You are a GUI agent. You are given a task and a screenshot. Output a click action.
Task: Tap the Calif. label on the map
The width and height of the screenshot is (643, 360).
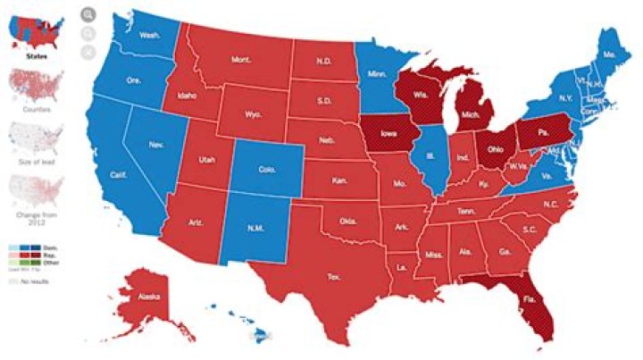[x=117, y=175]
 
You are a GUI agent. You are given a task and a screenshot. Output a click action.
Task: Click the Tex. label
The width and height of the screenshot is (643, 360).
[x=332, y=277]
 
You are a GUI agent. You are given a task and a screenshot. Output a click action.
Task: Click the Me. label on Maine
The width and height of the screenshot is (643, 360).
[x=611, y=54]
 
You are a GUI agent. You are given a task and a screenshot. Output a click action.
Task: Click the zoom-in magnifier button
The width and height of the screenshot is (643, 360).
[x=88, y=14]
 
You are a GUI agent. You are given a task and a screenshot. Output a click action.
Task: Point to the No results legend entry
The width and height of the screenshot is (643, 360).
[x=31, y=280]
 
